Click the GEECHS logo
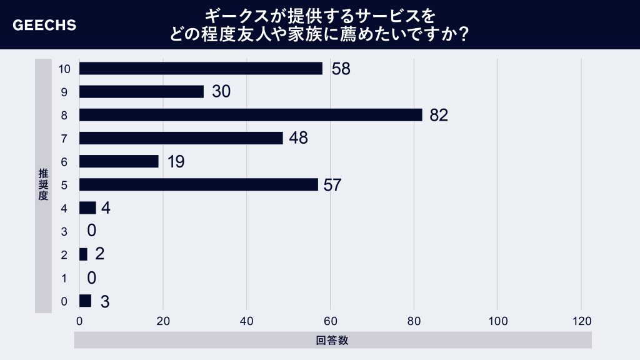44,26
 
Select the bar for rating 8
251,115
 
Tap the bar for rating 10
201,69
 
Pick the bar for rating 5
198,184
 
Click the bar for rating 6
119,161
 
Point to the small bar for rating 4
87,207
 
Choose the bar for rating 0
85,301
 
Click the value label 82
439,116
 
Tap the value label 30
221,92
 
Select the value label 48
298,138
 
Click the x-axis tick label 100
497,321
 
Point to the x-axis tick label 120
581,321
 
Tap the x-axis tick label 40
246,321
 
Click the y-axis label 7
64,138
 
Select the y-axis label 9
64,92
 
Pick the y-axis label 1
64,277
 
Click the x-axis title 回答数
332,341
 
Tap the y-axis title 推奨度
42,184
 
